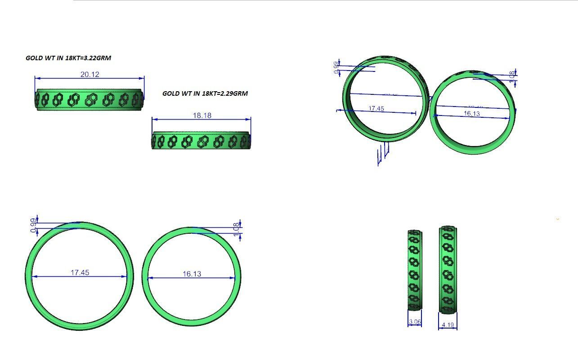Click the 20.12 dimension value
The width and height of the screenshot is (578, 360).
(90, 74)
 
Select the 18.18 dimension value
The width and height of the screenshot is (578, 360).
(202, 116)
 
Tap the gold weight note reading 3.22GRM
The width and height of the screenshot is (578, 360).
(68, 58)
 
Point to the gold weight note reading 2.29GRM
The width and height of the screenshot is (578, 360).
(205, 93)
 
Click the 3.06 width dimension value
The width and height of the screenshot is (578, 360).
(415, 322)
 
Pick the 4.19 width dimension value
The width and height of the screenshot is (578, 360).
(448, 324)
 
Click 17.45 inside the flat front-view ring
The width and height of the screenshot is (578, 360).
(80, 272)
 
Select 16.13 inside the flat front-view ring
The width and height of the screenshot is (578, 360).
(192, 274)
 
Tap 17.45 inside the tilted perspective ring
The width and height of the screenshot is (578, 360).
(376, 108)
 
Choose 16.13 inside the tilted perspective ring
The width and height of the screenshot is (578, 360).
(471, 114)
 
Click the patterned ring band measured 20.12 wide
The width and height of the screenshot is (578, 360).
(90, 99)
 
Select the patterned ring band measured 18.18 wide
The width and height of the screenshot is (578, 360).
(201, 141)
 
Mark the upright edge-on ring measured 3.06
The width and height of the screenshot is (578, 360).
(415, 270)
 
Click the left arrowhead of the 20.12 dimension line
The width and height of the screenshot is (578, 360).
(36, 78)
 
